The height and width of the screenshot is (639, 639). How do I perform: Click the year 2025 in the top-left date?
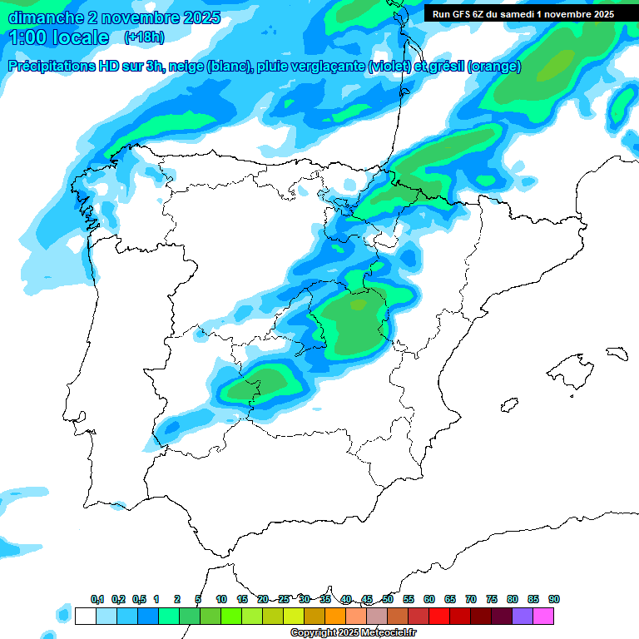point(197,17)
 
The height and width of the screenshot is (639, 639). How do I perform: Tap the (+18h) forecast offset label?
point(144,37)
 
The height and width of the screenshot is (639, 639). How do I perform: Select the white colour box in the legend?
point(85,616)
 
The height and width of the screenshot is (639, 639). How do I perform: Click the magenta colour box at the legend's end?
point(543,616)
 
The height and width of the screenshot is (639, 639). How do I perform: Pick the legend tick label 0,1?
point(97,599)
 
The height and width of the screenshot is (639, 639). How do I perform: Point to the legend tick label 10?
point(221,599)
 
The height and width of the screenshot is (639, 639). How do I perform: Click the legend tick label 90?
point(554,599)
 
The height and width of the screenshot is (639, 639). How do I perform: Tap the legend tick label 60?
point(429,599)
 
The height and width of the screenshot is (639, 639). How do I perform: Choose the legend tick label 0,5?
point(139,599)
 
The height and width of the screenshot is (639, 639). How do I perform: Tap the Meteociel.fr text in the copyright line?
point(389,633)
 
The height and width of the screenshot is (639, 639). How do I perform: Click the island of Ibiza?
point(509,404)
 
